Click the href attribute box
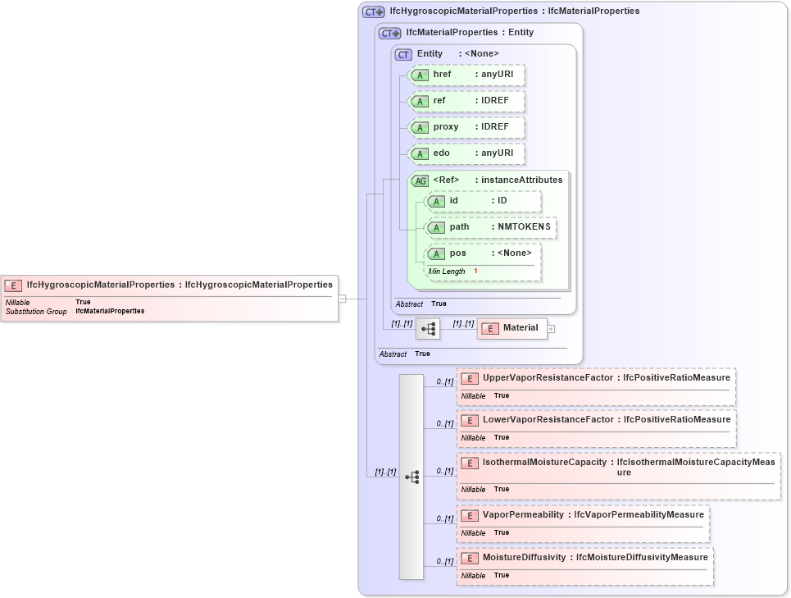click(466, 75)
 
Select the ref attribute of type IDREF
click(466, 101)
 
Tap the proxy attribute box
click(466, 127)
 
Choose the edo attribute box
click(466, 153)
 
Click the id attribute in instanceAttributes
click(483, 201)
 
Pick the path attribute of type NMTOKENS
click(490, 227)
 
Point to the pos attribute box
click(483, 253)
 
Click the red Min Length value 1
click(475, 272)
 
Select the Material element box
click(511, 328)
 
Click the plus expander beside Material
click(551, 329)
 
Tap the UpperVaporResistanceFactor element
click(595, 378)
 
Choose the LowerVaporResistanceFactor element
click(595, 420)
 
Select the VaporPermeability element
click(582, 515)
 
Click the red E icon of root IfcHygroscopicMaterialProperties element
click(13, 285)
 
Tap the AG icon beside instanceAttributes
click(421, 180)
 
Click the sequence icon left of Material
click(428, 329)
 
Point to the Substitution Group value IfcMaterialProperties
click(110, 312)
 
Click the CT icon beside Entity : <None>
click(403, 54)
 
